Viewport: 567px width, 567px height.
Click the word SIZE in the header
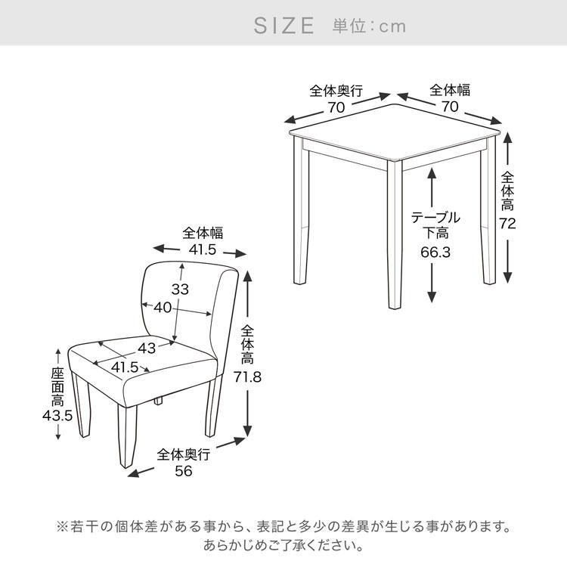pos(283,26)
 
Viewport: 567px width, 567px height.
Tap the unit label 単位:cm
pos(369,26)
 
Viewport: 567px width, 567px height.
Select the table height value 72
pos(507,224)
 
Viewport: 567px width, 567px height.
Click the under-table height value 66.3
pos(435,252)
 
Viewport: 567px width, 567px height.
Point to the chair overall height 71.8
pos(247,377)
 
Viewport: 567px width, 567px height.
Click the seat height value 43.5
pos(57,416)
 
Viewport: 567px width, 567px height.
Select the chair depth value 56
pos(184,471)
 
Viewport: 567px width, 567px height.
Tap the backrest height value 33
pos(180,290)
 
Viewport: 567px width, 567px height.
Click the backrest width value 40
pos(163,308)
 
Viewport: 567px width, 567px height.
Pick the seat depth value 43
pos(147,349)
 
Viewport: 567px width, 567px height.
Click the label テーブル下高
pos(435,225)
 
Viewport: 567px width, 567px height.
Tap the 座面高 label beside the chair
pos(57,387)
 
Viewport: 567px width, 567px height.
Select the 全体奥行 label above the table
pos(336,91)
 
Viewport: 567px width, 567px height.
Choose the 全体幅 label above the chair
pos(203,233)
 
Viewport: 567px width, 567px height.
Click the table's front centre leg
pos(395,234)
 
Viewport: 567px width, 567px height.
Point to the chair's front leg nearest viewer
pos(126,435)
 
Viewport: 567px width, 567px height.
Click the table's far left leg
pos(301,209)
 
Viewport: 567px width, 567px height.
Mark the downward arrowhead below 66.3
pos(432,297)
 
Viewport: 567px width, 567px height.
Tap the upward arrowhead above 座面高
pos(58,352)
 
